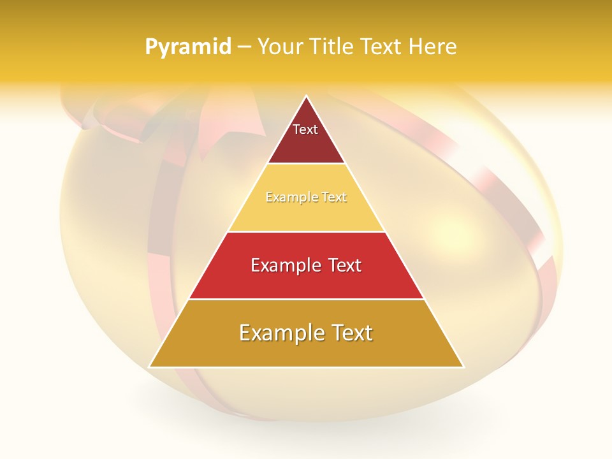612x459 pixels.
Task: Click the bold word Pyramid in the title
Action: [188, 47]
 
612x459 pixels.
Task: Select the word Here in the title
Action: [433, 47]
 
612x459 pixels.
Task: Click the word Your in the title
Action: [278, 47]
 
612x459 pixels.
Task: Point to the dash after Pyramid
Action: [244, 47]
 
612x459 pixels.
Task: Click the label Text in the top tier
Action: [305, 129]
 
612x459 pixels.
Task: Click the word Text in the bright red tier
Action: [342, 265]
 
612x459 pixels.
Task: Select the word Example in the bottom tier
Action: [280, 333]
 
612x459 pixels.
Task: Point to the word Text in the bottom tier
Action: [351, 333]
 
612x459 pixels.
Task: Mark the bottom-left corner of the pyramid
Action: [150, 367]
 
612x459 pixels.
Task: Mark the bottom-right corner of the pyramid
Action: [463, 367]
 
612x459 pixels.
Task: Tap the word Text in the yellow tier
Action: [332, 198]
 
